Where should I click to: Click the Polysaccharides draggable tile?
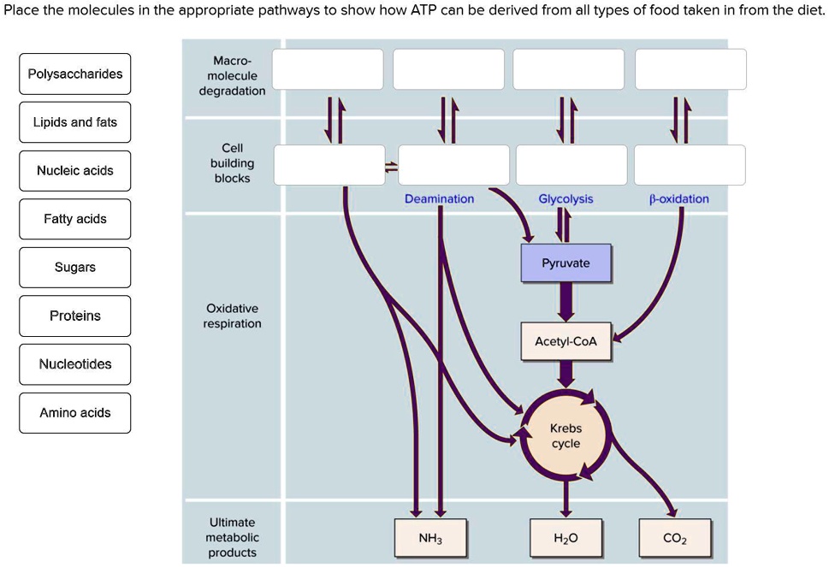(x=75, y=74)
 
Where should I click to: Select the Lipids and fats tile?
(x=75, y=122)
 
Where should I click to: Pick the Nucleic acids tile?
(x=75, y=170)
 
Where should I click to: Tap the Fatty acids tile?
(x=75, y=219)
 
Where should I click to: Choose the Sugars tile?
(x=75, y=268)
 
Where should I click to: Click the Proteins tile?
(x=75, y=316)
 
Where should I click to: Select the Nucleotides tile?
(x=75, y=364)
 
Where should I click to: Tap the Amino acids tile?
(x=75, y=413)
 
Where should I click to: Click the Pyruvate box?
(x=565, y=263)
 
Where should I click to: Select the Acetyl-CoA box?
(x=565, y=341)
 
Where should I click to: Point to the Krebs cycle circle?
(x=565, y=436)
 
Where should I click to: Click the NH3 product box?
(x=430, y=539)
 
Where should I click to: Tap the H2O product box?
(x=565, y=539)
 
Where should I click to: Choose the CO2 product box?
(x=674, y=539)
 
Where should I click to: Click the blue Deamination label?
(x=439, y=199)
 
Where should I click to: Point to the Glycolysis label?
(x=565, y=199)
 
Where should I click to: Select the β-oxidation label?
(x=679, y=199)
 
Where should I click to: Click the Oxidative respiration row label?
(x=232, y=316)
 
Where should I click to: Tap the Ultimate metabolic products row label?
(x=232, y=537)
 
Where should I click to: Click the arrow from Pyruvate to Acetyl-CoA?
(x=565, y=302)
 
